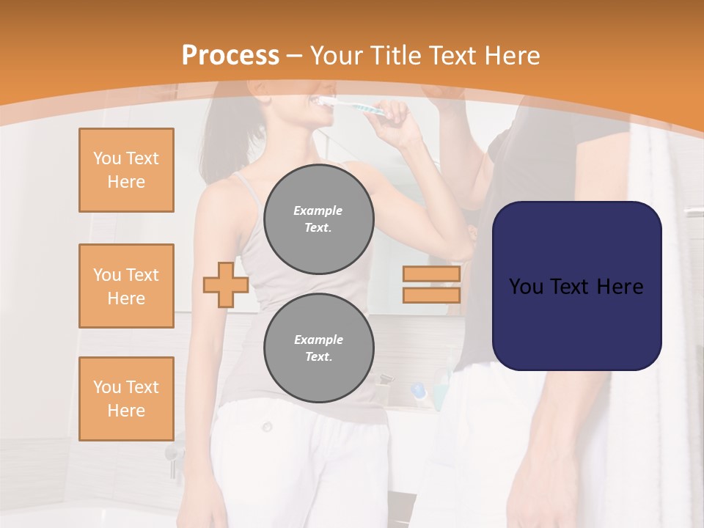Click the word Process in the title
[x=230, y=56]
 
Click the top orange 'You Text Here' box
[x=126, y=170]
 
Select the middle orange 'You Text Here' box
[x=126, y=286]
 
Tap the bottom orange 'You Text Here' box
[x=126, y=399]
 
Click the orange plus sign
[x=226, y=285]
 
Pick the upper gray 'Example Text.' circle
[x=318, y=219]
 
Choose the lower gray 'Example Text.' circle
[x=318, y=348]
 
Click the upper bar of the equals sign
[x=431, y=274]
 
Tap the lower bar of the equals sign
[x=431, y=295]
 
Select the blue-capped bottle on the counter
[x=419, y=393]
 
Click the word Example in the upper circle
[x=318, y=211]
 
